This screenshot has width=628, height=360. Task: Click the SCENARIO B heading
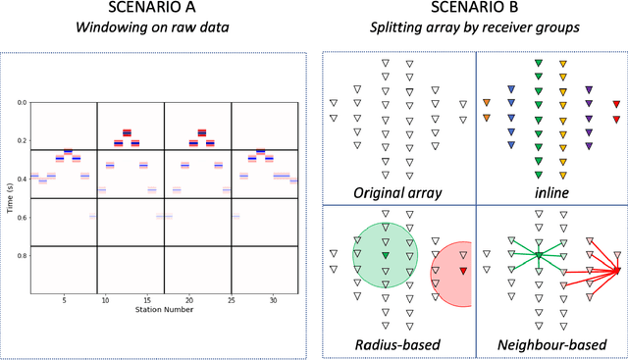coord(474,9)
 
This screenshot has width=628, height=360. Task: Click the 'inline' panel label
coord(549,191)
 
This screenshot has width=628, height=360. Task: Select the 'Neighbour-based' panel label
coord(549,343)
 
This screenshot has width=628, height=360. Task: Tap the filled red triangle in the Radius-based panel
coord(463,270)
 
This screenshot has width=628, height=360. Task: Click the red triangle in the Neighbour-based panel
coord(616,270)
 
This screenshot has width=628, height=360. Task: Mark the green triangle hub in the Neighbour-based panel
coord(539,257)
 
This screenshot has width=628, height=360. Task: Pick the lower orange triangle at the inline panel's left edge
coord(488,119)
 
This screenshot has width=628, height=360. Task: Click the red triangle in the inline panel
coord(616,104)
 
